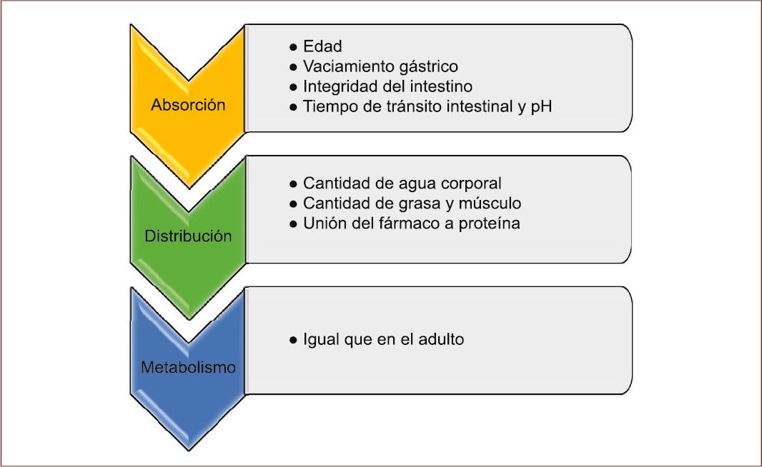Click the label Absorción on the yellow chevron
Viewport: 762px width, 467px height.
tap(188, 105)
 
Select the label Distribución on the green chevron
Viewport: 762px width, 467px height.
tap(188, 236)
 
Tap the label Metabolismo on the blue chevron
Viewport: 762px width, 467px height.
tap(188, 368)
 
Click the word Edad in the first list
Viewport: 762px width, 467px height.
tap(322, 46)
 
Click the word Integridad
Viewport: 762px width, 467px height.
tap(337, 86)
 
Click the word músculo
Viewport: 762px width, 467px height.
tap(493, 204)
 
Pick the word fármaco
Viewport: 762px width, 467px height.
tap(406, 224)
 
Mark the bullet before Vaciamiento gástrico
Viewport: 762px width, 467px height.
tap(293, 67)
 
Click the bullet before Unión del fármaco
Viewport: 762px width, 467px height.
tap(293, 224)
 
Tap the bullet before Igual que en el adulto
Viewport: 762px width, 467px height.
tap(293, 340)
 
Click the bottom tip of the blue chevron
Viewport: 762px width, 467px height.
tap(189, 449)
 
